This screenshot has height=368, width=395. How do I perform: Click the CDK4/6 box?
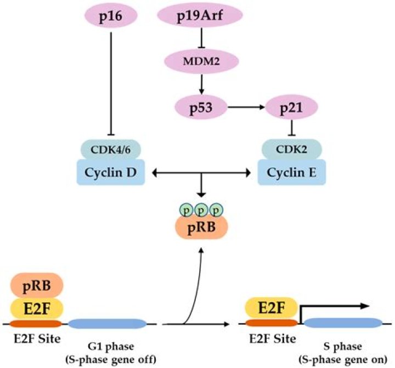(112, 149)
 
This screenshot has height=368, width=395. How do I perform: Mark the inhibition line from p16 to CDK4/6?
(112, 82)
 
